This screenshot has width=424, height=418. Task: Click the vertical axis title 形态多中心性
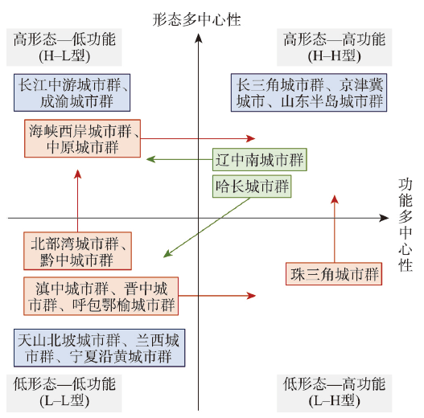click(196, 19)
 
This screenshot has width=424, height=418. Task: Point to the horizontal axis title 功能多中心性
click(405, 225)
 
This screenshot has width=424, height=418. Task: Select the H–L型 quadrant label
click(64, 47)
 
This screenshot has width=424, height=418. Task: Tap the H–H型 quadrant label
click(334, 47)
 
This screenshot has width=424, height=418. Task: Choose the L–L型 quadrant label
click(64, 393)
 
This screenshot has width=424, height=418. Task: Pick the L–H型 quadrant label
click(334, 393)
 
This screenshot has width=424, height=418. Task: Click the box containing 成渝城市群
click(72, 92)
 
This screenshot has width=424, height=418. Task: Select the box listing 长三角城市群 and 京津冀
click(309, 92)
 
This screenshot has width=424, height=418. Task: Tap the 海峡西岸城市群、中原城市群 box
click(83, 138)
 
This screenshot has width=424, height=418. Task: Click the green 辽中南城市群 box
click(260, 159)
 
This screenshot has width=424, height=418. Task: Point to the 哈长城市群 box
click(252, 186)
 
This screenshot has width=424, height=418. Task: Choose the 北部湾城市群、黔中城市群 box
click(77, 251)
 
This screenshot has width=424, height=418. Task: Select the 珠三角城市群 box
click(334, 274)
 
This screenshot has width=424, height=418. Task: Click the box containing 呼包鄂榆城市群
click(101, 296)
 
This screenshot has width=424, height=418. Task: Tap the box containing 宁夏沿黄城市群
click(100, 348)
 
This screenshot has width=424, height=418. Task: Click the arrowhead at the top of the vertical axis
click(199, 38)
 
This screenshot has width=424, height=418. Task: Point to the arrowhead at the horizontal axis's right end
click(384, 218)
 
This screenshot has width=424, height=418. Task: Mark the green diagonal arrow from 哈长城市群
click(207, 227)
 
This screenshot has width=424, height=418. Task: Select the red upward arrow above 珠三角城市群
click(335, 229)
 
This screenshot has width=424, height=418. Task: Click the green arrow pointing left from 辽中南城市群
click(179, 159)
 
